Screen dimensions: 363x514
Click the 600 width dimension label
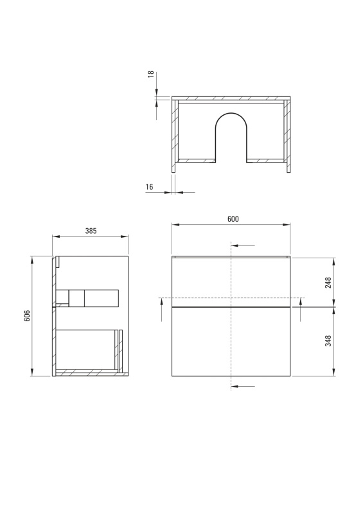pyautogui.click(x=233, y=218)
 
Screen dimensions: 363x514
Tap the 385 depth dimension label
pyautogui.click(x=91, y=231)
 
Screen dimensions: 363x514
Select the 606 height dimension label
pyautogui.click(x=27, y=315)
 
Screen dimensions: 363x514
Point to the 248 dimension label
pyautogui.click(x=328, y=283)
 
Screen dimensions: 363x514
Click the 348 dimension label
pyautogui.click(x=328, y=341)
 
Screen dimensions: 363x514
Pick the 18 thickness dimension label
pyautogui.click(x=151, y=75)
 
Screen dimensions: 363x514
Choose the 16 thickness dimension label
pyautogui.click(x=149, y=187)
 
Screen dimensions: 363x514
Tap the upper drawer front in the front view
pyautogui.click(x=231, y=282)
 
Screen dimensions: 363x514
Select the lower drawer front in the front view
pyautogui.click(x=231, y=342)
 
